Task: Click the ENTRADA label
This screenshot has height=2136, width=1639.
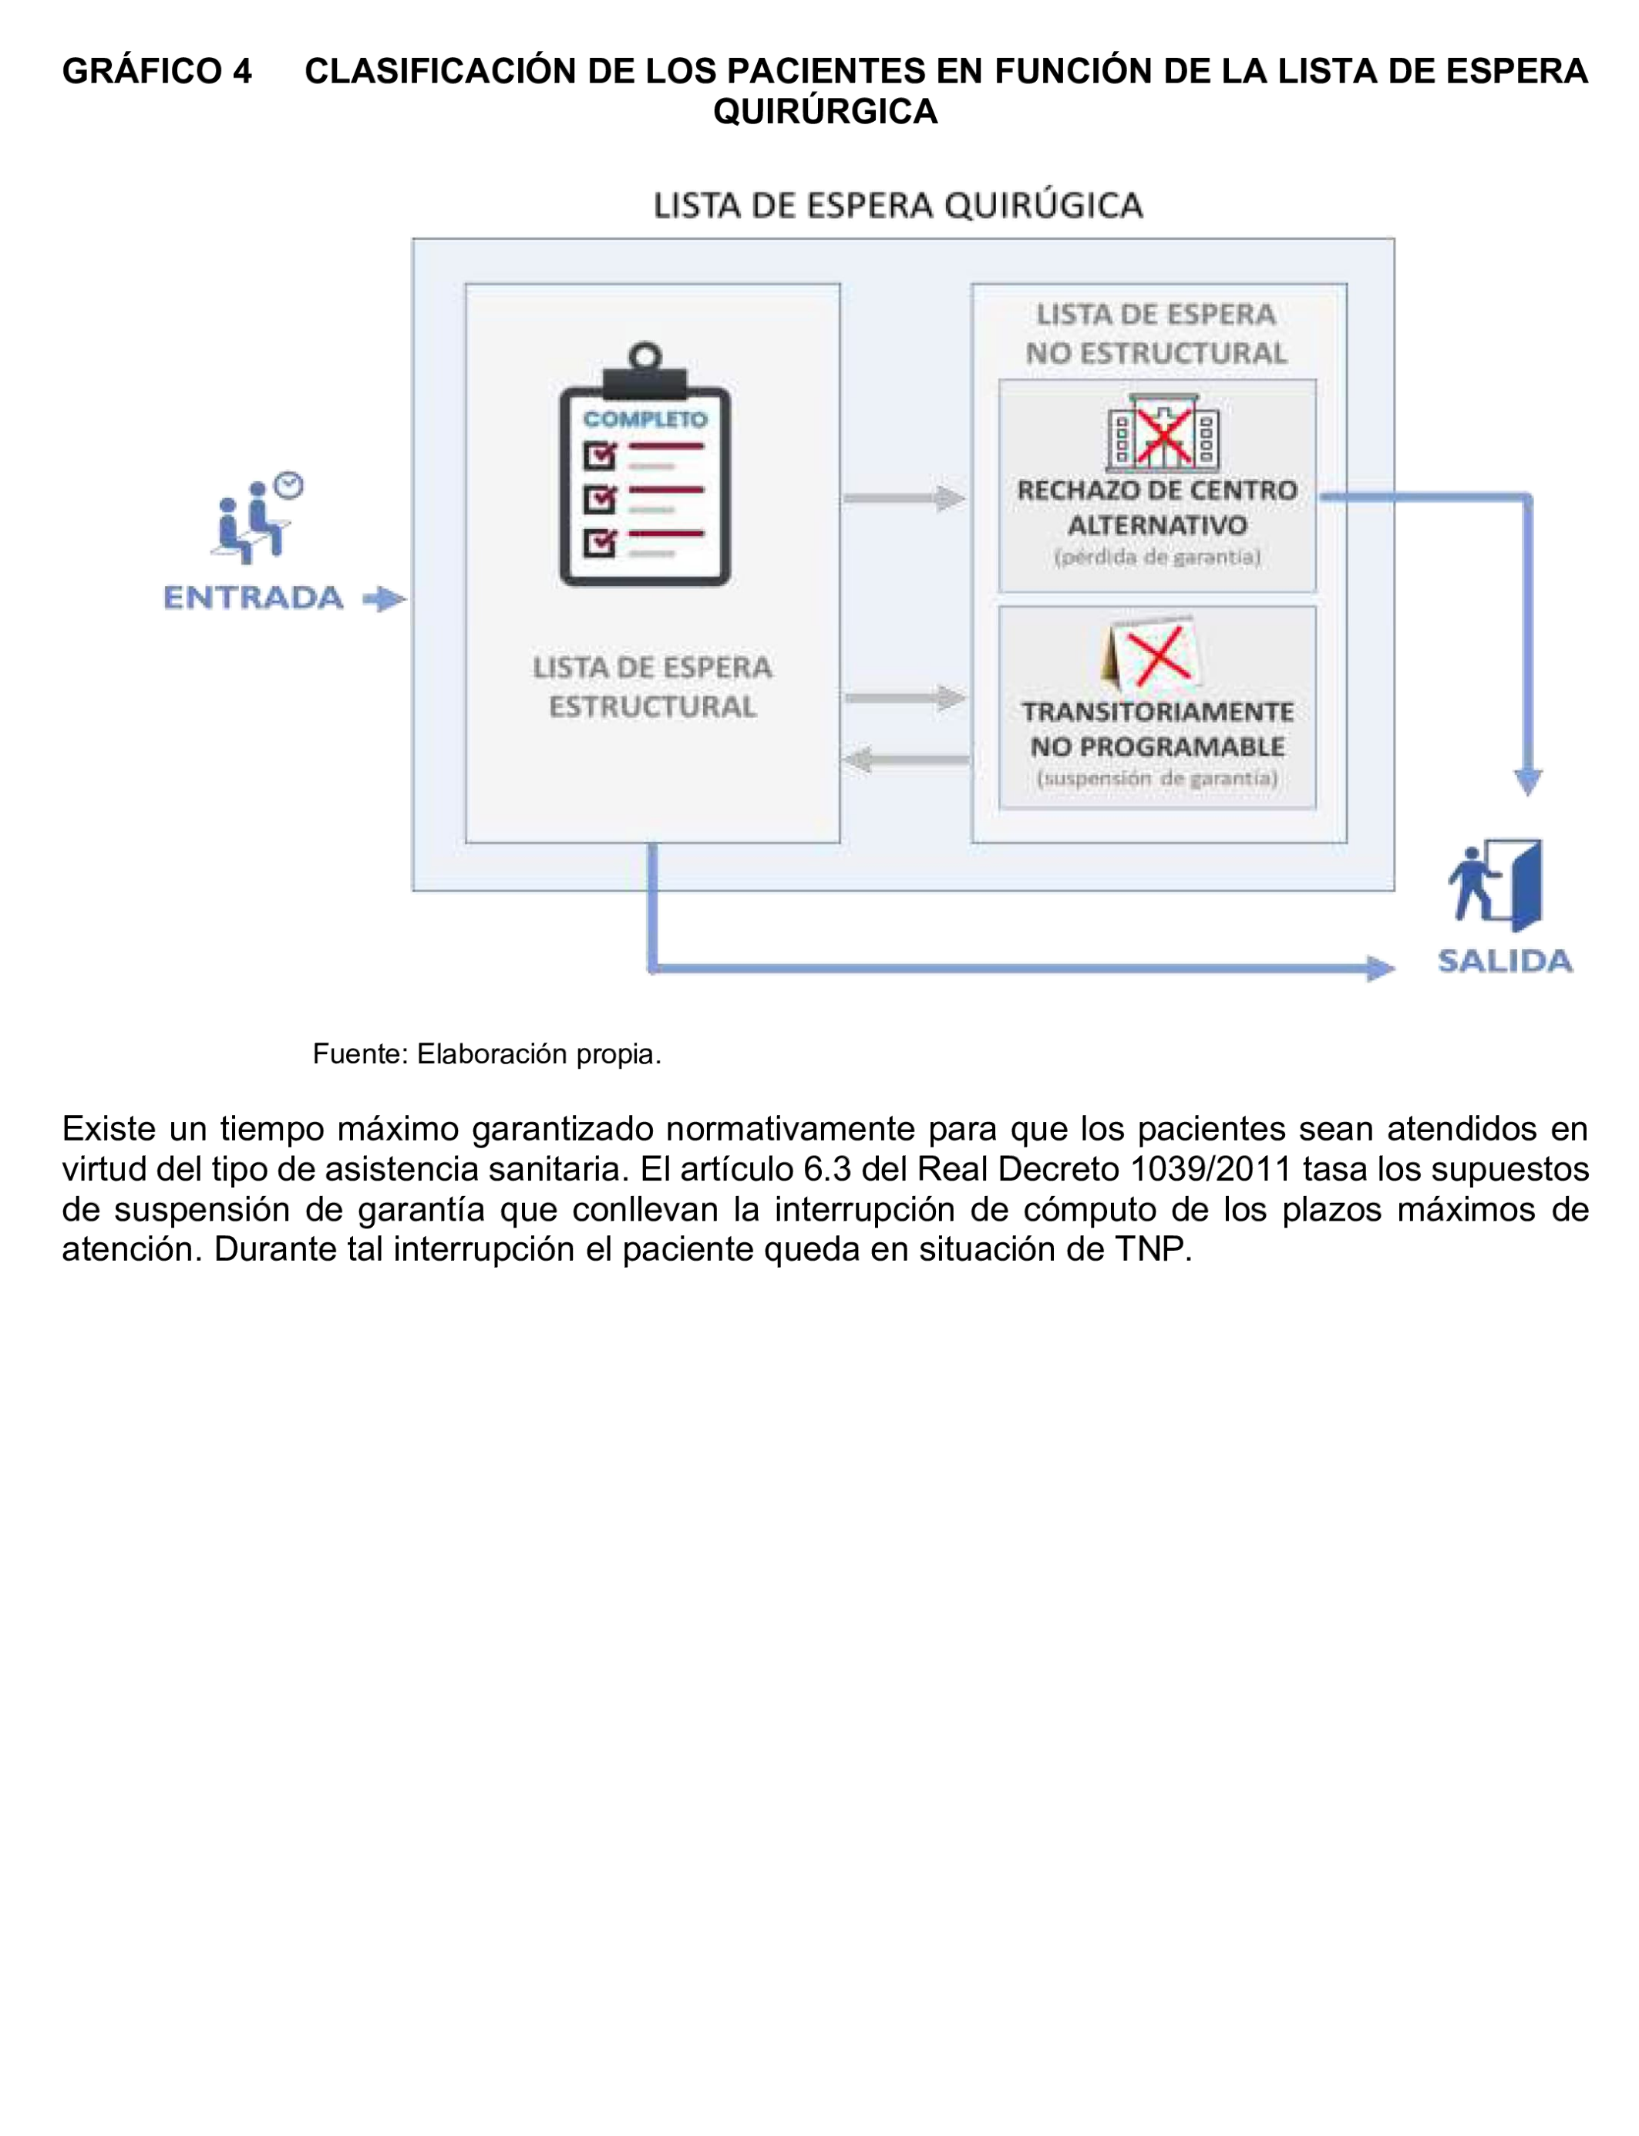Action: pyautogui.click(x=253, y=597)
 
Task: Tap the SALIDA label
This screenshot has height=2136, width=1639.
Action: pyautogui.click(x=1504, y=961)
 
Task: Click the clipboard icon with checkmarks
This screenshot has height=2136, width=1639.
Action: pyautogui.click(x=644, y=466)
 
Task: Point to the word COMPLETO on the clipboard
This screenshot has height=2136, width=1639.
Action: pyautogui.click(x=644, y=419)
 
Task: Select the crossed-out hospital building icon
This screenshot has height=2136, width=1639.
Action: pyautogui.click(x=1162, y=433)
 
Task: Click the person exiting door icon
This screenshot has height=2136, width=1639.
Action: pyautogui.click(x=1496, y=884)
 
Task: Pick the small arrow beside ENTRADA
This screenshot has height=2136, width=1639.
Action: pyautogui.click(x=385, y=598)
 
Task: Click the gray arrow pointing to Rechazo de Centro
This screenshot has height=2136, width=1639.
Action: pyautogui.click(x=904, y=499)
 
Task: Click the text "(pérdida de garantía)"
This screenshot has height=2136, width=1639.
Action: pyautogui.click(x=1157, y=558)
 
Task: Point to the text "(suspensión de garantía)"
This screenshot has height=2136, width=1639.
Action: pyautogui.click(x=1157, y=778)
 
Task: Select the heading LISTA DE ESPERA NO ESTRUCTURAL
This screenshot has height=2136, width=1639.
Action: pyautogui.click(x=1156, y=334)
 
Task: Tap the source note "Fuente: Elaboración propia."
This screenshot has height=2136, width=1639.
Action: pyautogui.click(x=486, y=1054)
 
